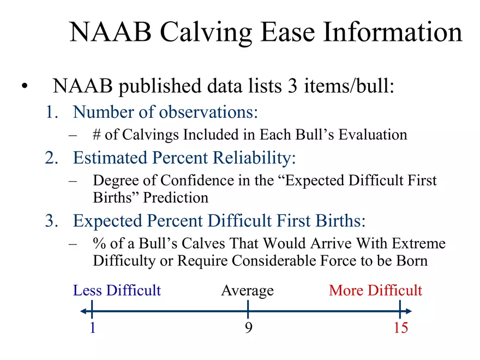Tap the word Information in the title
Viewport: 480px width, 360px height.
(x=393, y=33)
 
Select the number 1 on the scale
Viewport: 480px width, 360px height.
(x=92, y=328)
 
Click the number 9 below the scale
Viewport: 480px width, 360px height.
(x=248, y=328)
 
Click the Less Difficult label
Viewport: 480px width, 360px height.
(x=117, y=290)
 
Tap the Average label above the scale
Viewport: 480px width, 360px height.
(x=247, y=290)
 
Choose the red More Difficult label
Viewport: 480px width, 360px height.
(x=375, y=290)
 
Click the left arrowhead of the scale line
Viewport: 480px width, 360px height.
(x=82, y=311)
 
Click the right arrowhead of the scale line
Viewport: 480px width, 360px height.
(x=409, y=311)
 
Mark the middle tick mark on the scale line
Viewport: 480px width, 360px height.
(x=248, y=311)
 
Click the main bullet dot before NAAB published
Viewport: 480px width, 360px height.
(x=23, y=87)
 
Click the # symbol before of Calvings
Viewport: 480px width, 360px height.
(x=98, y=135)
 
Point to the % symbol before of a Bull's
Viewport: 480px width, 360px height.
(x=99, y=243)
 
